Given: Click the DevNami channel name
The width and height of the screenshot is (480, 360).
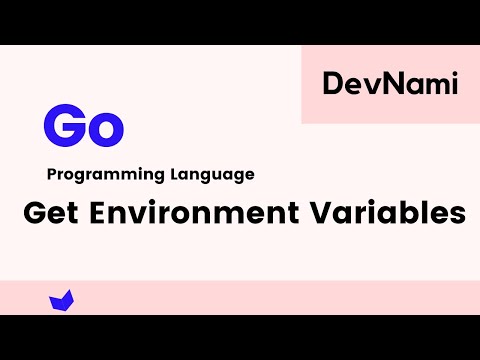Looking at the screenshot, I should [x=390, y=85].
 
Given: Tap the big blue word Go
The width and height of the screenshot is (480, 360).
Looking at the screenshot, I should [x=83, y=127].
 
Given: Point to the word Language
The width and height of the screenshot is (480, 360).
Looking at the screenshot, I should [x=212, y=174].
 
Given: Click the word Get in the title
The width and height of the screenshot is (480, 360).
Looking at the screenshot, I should [x=47, y=213].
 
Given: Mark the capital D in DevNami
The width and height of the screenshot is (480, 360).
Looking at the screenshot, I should [x=332, y=85].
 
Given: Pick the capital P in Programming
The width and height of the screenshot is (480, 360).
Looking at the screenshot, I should [x=52, y=174].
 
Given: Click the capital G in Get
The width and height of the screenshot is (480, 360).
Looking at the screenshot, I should [x=33, y=213].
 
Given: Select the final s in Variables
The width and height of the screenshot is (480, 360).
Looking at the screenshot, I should [x=458, y=216].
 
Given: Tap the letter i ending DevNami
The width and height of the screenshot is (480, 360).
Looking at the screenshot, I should [x=454, y=85].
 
